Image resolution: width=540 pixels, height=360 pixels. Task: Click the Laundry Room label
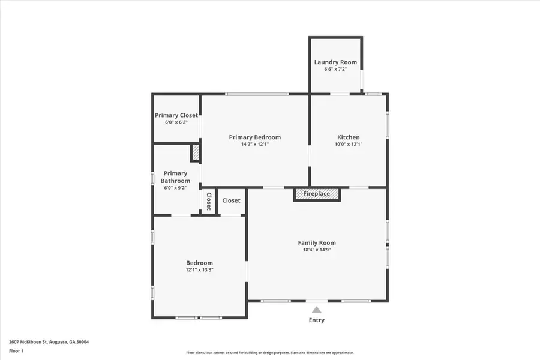[x=335, y=62]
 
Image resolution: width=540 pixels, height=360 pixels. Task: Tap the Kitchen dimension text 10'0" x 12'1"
[x=348, y=145]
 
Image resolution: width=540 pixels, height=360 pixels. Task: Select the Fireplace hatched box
[x=316, y=194]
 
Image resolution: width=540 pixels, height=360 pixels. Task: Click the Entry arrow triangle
[x=316, y=310]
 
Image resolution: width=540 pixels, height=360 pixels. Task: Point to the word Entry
[x=316, y=320]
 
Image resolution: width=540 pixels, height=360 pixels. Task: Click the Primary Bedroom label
[x=254, y=137]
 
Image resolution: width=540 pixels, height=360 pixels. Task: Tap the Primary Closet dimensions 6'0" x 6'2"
[x=176, y=122]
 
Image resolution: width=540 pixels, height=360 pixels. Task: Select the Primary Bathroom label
[x=176, y=177]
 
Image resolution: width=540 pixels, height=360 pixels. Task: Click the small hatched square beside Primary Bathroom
[x=195, y=153]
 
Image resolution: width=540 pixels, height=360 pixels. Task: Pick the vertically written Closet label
[x=208, y=201]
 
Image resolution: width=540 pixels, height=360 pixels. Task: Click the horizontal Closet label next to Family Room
[x=231, y=201]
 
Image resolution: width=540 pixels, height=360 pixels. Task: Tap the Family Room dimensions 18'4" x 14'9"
[x=317, y=250]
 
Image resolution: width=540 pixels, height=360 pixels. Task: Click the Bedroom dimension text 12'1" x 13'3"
[x=199, y=270]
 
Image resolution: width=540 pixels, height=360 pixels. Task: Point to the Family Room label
[x=317, y=243]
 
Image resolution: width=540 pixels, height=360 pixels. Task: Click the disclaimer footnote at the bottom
[x=269, y=353]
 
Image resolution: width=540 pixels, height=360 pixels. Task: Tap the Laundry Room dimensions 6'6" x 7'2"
[x=335, y=70]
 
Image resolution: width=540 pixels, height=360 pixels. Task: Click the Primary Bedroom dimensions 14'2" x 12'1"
[x=254, y=145]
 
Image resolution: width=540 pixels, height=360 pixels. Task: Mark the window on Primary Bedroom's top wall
[x=256, y=94]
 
